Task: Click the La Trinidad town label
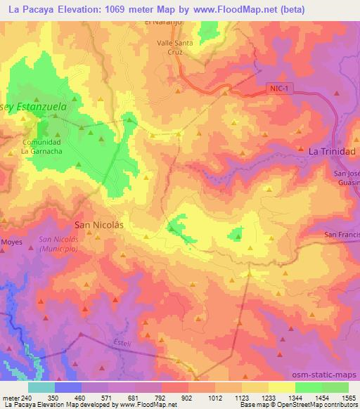(333, 151)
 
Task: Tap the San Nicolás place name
(99, 225)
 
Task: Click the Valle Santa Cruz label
(173, 46)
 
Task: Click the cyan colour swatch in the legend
(42, 387)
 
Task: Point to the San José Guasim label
(346, 178)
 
